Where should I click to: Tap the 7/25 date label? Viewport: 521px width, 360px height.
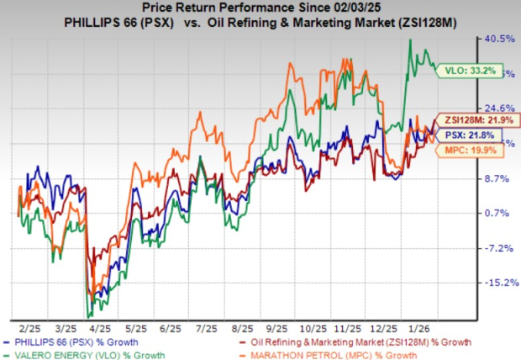tap(198, 323)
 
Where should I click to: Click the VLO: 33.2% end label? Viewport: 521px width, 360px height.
tap(461, 71)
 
